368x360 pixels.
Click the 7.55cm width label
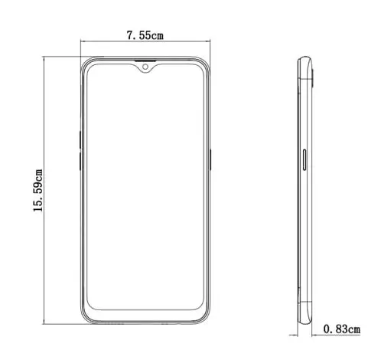point(144,35)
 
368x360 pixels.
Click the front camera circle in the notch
point(145,68)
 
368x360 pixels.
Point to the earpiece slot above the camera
point(145,61)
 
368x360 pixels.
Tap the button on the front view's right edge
point(210,158)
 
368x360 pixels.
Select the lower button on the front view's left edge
point(79,163)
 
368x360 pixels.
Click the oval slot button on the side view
point(308,160)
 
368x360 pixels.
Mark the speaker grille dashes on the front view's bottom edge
point(115,324)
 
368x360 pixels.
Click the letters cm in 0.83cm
point(353,329)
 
